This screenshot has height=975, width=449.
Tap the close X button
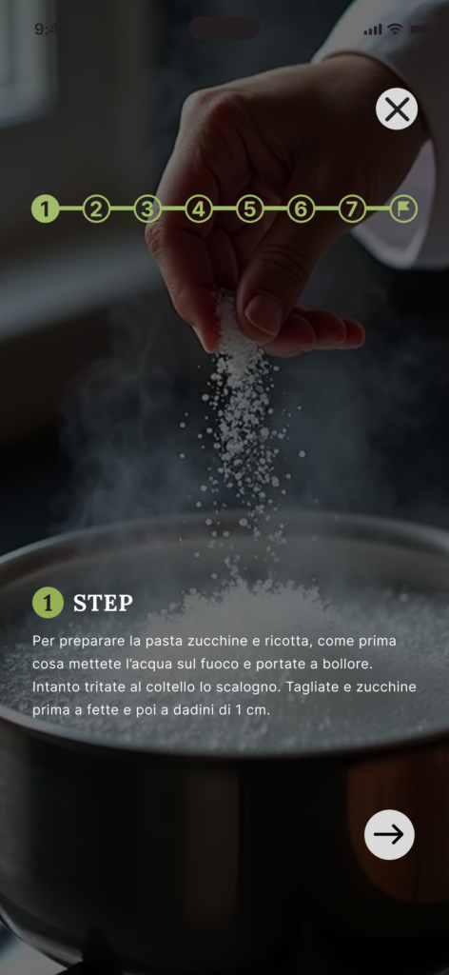397,109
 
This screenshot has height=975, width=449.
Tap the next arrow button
389,834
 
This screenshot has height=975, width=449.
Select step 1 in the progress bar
46,209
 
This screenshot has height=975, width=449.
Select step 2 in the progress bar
96,209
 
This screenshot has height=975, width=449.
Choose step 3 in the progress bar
147,209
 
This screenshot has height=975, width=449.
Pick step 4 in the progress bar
198,209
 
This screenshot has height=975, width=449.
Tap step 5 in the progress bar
249,209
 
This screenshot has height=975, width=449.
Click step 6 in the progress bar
301,209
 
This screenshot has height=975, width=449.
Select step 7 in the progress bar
352,209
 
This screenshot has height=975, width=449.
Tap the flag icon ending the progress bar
403,209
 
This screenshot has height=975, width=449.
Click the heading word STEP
103,603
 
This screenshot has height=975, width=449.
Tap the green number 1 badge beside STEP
48,603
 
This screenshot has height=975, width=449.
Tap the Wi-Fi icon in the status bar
395,30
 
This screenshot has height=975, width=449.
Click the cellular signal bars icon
373,30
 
